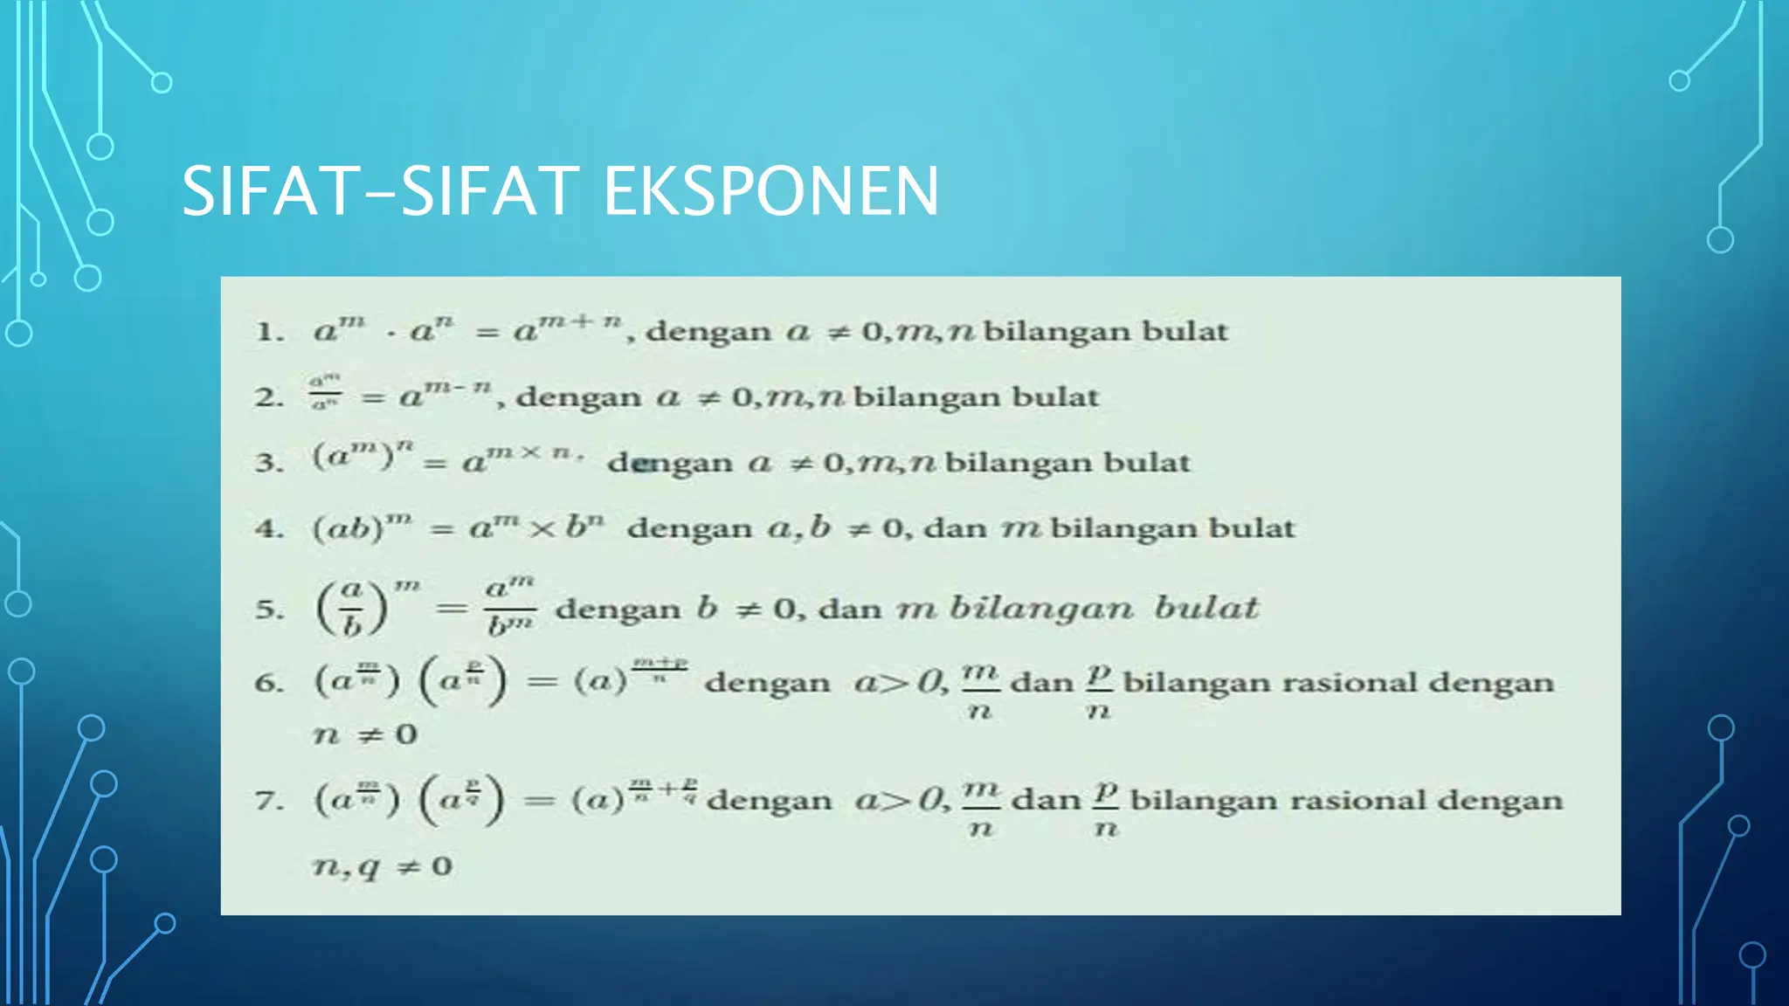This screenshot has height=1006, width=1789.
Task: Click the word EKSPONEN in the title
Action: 770,191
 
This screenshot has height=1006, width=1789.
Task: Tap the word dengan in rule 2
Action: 578,397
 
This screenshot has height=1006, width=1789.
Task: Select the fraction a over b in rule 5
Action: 352,609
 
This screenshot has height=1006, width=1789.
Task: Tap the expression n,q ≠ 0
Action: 383,866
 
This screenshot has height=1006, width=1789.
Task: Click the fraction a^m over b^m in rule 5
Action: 511,607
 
